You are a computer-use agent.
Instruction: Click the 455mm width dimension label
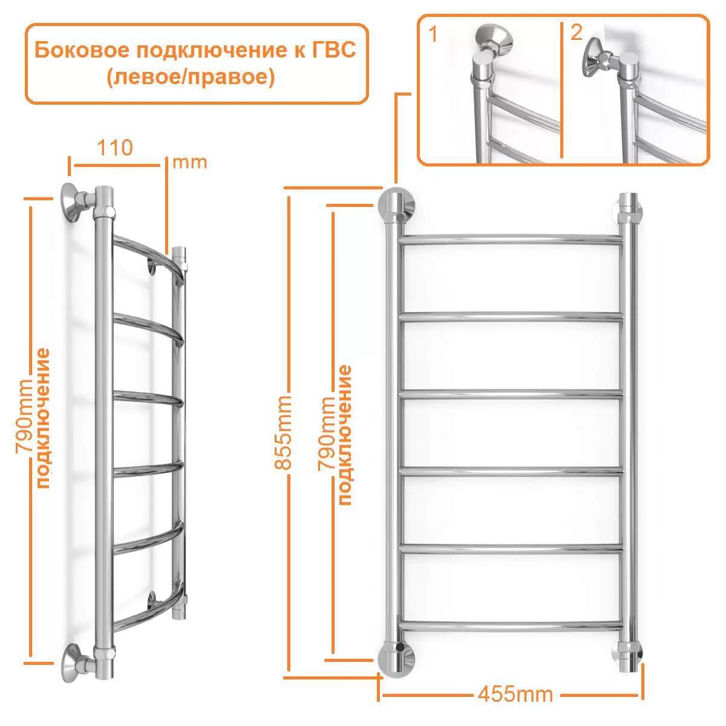[x=515, y=693]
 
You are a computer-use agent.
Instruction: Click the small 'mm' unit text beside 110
[x=189, y=162]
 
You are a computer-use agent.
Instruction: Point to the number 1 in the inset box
[x=433, y=34]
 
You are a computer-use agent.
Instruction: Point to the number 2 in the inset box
[x=576, y=32]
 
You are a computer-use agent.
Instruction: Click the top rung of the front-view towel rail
[x=511, y=239]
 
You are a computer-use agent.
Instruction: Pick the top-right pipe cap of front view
[x=629, y=206]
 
